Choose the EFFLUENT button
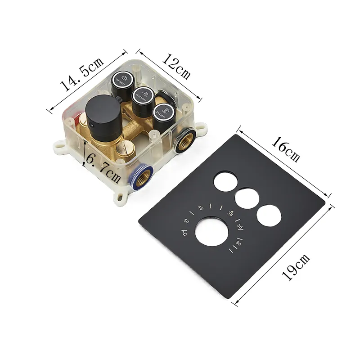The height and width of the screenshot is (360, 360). (x=164, y=112)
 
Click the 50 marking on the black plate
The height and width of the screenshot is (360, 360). (x=186, y=221)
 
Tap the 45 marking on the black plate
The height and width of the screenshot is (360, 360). (x=201, y=208)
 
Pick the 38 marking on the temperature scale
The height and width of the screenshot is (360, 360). (x=230, y=213)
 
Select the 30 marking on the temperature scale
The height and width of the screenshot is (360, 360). (x=238, y=243)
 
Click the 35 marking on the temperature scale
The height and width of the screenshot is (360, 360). (x=240, y=227)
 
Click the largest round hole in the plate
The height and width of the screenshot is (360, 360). (x=212, y=231)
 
